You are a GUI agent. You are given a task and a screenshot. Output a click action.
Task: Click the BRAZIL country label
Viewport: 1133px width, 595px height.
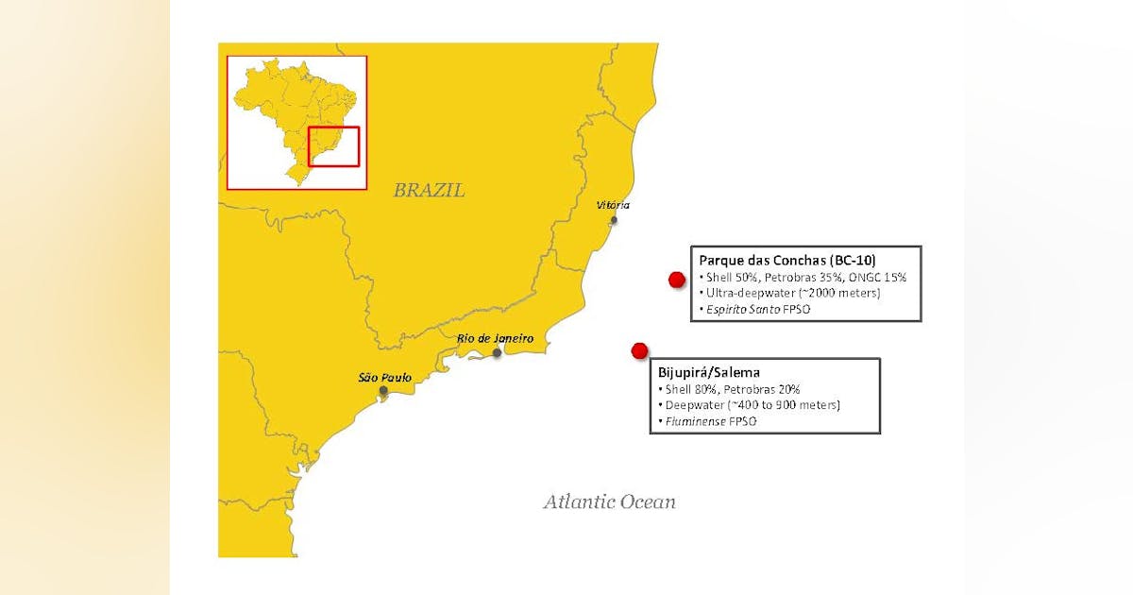coord(429,191)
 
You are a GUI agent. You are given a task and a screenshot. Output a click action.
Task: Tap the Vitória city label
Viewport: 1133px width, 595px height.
coord(613,205)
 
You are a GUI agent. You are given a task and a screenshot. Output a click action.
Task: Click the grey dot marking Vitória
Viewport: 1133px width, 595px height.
coord(614,220)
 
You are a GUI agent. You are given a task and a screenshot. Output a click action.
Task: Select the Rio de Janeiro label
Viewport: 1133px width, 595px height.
coord(495,338)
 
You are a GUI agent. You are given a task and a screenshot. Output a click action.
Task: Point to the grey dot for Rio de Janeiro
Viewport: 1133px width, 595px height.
coord(497,353)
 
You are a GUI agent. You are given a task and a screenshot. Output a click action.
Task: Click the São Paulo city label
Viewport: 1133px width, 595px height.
coord(384,377)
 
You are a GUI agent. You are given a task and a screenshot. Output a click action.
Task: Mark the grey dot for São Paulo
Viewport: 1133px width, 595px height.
coord(382,390)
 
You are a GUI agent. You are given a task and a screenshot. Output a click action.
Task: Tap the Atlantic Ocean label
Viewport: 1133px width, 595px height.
coord(609,501)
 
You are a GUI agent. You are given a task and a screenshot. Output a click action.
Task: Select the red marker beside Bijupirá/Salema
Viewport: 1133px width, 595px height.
coord(639,351)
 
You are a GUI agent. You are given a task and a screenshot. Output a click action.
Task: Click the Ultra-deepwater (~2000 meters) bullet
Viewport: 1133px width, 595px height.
coord(791,293)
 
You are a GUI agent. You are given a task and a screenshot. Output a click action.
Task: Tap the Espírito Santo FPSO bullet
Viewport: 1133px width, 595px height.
coord(757,309)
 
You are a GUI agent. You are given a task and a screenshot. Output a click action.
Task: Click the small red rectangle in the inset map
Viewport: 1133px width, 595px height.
coord(333,146)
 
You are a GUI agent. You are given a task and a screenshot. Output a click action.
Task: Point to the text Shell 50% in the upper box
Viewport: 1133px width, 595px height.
coord(725,278)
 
